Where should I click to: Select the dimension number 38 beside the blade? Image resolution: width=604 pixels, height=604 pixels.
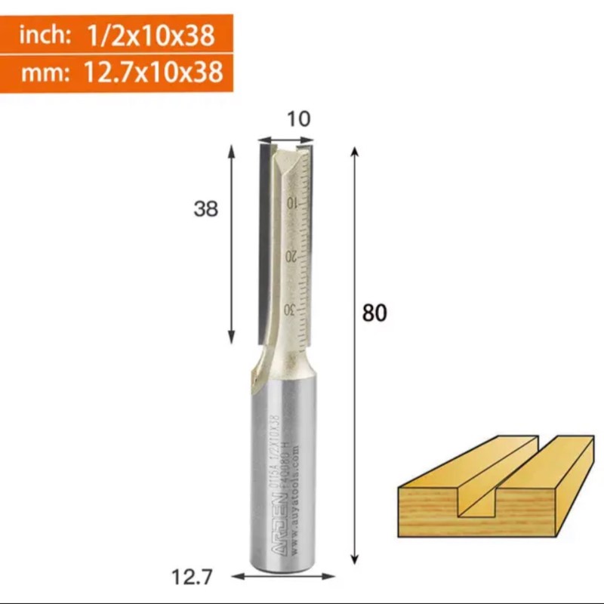[x=205, y=209]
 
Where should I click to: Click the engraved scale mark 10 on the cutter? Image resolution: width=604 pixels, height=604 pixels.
[x=291, y=203]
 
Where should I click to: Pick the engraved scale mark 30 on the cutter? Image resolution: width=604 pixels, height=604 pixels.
[x=288, y=310]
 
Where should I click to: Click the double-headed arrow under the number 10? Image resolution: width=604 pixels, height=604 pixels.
[x=285, y=140]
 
